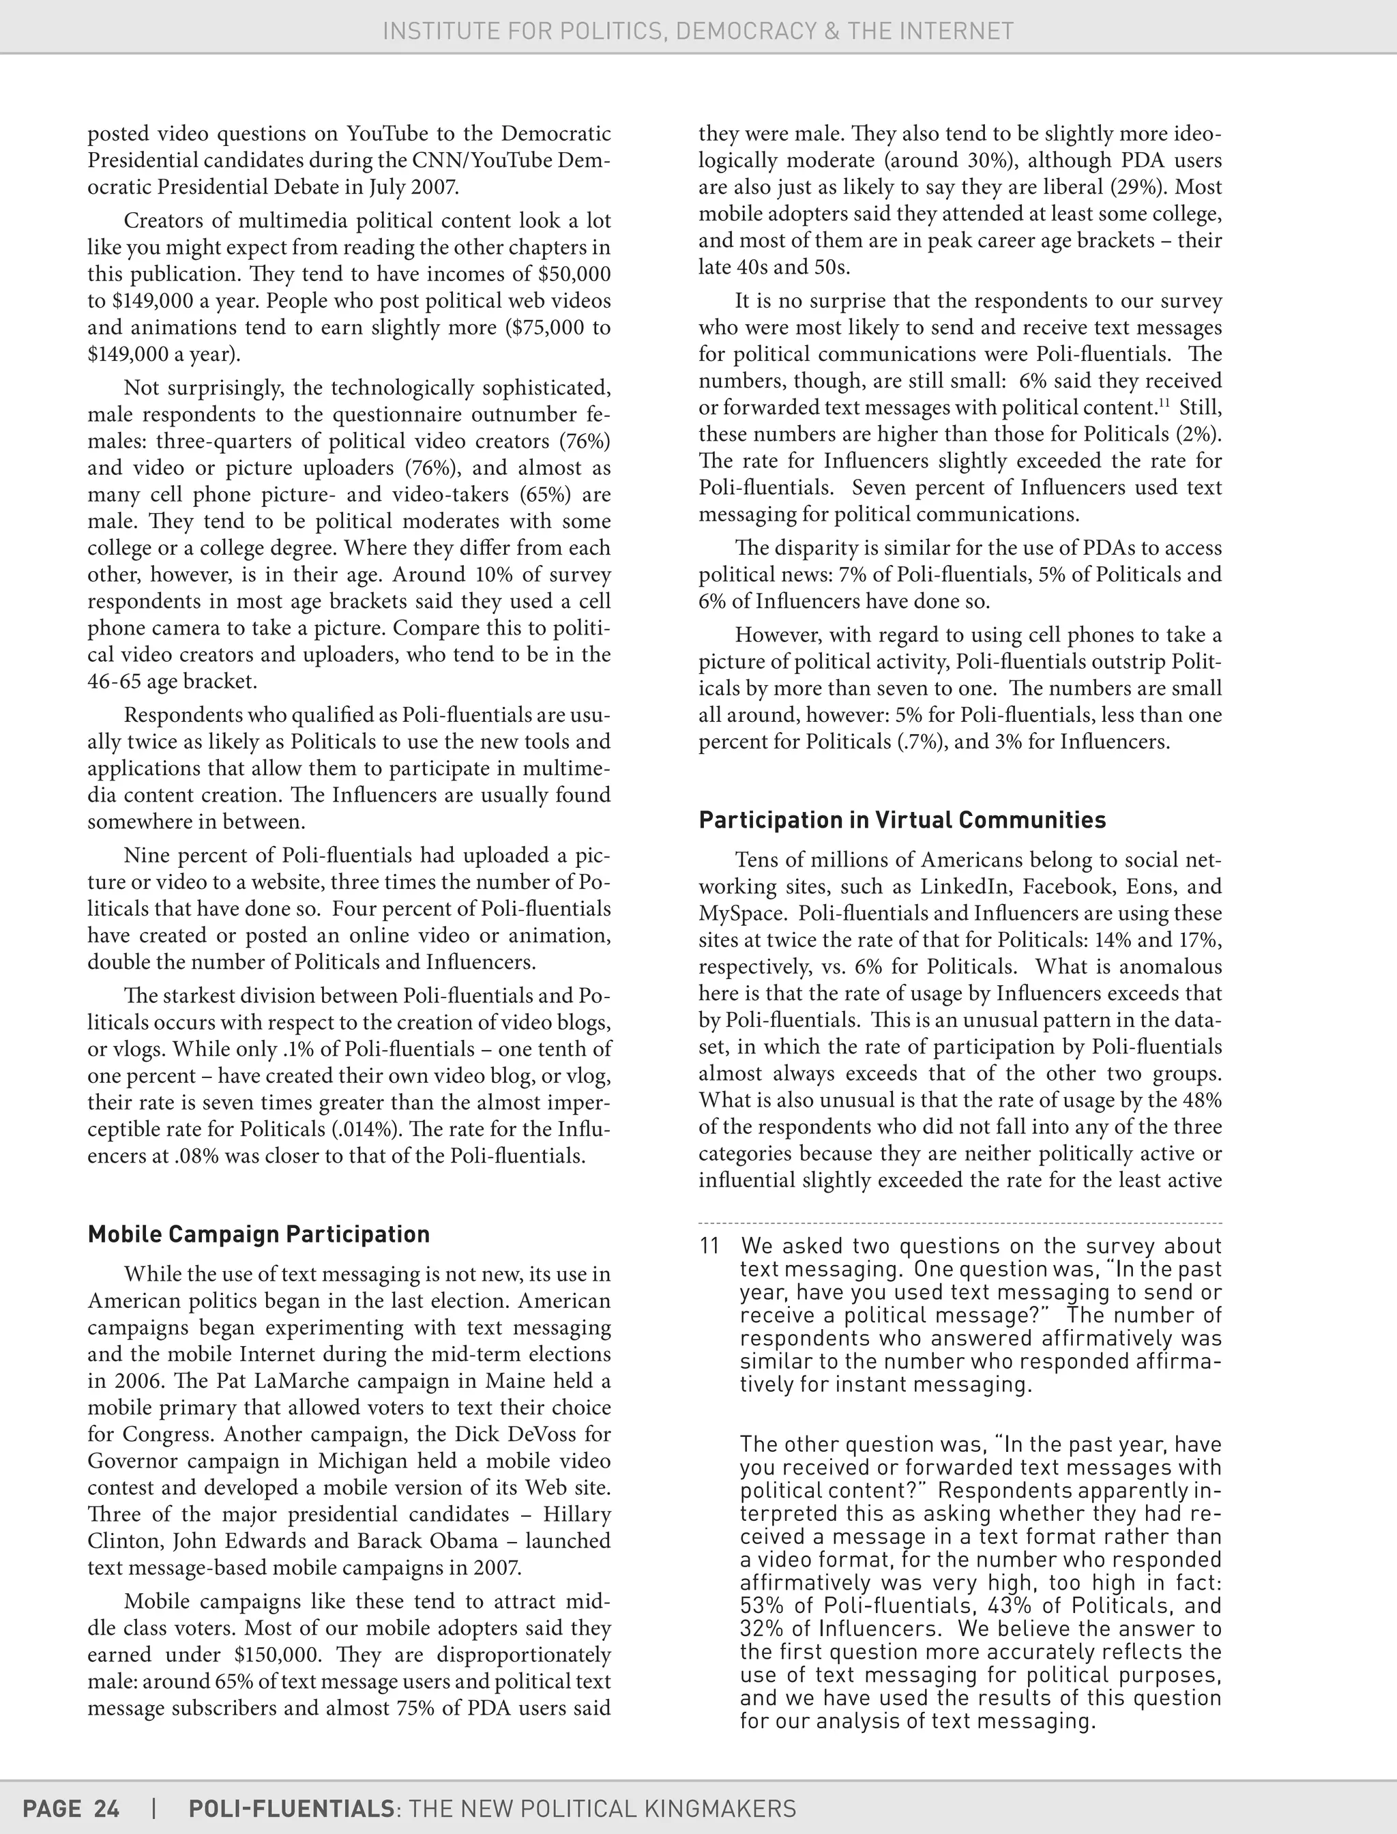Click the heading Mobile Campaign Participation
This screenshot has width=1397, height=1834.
[x=259, y=1234]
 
